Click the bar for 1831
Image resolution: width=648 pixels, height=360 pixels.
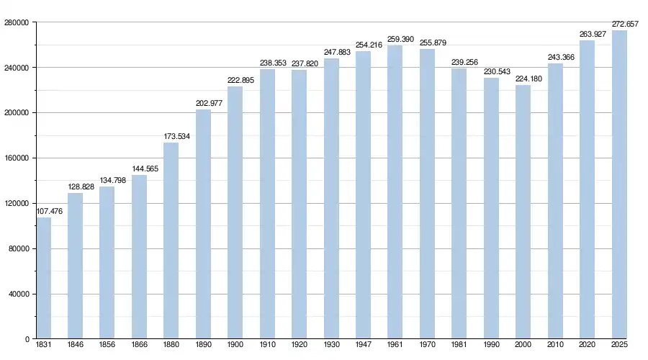click(44, 278)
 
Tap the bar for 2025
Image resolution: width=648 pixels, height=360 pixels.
click(619, 184)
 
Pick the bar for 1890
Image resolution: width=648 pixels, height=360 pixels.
click(203, 224)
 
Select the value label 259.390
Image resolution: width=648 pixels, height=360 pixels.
click(400, 40)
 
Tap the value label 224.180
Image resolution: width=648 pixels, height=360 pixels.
click(528, 79)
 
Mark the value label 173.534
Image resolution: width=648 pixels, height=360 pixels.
click(176, 136)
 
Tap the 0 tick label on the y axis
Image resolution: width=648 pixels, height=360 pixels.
click(27, 339)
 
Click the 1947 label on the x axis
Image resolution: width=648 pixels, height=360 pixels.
click(363, 346)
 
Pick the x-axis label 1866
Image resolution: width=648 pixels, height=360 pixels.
click(139, 346)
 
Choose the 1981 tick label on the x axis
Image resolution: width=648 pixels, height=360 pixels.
click(459, 346)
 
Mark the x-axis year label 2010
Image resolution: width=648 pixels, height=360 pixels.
click(555, 346)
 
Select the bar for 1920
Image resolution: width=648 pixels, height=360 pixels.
click(299, 204)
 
